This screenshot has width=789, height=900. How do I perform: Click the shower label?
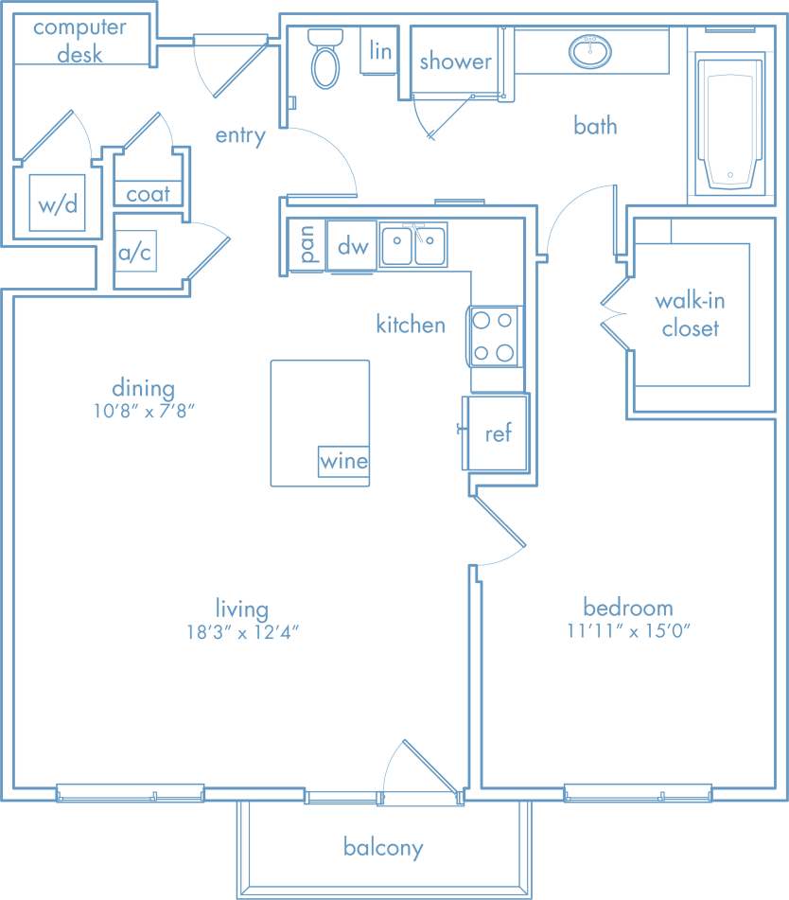tap(456, 62)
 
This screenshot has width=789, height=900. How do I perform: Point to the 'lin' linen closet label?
tap(380, 50)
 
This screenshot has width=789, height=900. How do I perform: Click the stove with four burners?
tap(494, 336)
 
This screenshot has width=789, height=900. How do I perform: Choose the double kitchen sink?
tap(413, 247)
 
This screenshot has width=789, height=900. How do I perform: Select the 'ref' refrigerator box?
tap(498, 433)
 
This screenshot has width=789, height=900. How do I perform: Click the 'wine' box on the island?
tap(343, 463)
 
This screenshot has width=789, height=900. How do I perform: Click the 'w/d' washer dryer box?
tap(58, 204)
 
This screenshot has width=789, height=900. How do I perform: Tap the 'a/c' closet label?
tap(134, 254)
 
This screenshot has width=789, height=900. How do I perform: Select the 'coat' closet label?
tap(149, 194)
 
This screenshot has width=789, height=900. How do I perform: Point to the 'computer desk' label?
tap(79, 40)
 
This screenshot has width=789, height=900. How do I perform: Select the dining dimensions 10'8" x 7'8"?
tap(144, 411)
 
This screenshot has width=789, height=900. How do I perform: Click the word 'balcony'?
tap(383, 847)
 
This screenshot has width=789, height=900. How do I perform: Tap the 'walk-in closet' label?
tap(691, 315)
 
